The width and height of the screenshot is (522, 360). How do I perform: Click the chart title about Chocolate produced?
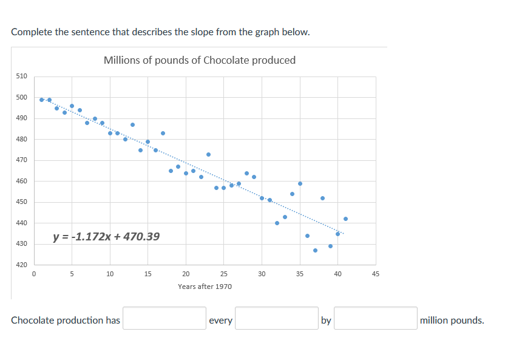click(x=200, y=60)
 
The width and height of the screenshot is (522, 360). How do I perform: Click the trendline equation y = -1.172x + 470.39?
click(x=107, y=236)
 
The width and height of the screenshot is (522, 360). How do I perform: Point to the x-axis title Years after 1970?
click(x=205, y=286)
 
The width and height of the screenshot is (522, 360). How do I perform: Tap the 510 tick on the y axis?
click(x=21, y=76)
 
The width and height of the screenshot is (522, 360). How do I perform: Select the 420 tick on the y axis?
click(x=21, y=265)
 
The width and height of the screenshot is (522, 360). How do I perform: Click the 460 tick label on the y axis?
click(x=21, y=182)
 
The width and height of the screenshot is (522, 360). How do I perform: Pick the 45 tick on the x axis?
click(x=375, y=274)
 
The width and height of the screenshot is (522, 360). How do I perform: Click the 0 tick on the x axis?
click(x=34, y=274)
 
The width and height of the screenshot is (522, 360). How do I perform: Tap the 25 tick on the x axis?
click(x=223, y=274)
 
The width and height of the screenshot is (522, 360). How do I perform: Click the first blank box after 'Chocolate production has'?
click(x=164, y=318)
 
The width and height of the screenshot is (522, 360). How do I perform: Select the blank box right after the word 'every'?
click(x=277, y=318)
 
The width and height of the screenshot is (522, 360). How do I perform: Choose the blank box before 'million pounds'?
click(x=376, y=318)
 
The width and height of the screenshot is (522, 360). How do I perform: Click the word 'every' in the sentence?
click(x=220, y=321)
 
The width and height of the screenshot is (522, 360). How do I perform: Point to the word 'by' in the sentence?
click(x=326, y=321)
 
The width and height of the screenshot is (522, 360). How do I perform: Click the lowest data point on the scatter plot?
click(x=315, y=250)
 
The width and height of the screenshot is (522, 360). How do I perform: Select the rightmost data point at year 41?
click(x=345, y=219)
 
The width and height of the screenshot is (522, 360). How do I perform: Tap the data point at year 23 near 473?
click(x=208, y=154)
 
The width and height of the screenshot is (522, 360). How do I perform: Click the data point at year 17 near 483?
click(x=163, y=133)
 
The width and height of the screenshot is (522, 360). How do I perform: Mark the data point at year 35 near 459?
click(x=300, y=183)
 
